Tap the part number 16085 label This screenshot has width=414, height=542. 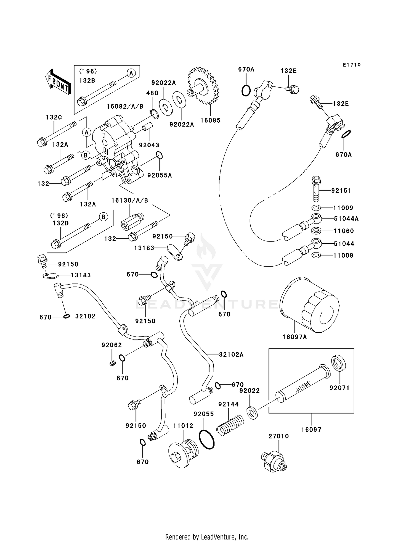point(210,120)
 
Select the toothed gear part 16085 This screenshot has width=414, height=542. point(204,86)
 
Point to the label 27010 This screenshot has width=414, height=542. point(279,436)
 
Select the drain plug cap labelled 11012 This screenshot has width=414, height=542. point(182,453)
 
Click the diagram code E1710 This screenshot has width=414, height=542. point(352,65)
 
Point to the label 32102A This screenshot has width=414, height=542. point(231,354)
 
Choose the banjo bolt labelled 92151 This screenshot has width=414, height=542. point(316,189)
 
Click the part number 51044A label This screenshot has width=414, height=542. point(346,219)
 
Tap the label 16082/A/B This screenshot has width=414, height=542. point(125,106)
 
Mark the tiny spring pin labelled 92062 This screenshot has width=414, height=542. point(112,364)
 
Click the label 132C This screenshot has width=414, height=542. point(54,117)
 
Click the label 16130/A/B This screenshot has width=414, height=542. point(130,200)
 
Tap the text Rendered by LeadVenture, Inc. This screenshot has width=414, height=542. point(207,537)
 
